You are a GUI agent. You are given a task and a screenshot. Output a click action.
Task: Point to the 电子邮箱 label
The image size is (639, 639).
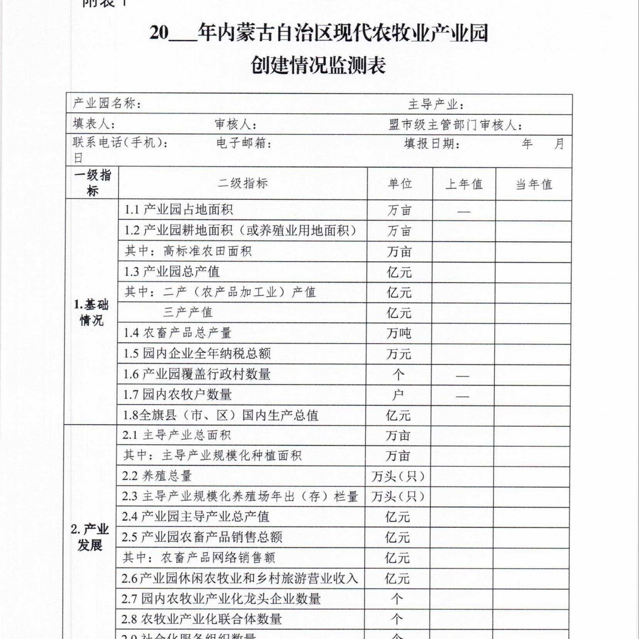pyautogui.click(x=243, y=144)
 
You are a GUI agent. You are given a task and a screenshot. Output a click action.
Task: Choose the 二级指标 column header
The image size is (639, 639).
pyautogui.click(x=243, y=183)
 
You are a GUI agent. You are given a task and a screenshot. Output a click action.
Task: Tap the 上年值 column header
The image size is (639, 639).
pyautogui.click(x=464, y=184)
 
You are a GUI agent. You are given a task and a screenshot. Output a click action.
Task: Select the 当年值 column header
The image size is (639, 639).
pyautogui.click(x=534, y=184)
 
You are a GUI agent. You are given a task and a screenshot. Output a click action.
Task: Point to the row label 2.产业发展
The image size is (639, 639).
pyautogui.click(x=90, y=537)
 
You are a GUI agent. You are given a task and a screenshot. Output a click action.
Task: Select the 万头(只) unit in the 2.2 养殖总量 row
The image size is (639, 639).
pyautogui.click(x=398, y=476)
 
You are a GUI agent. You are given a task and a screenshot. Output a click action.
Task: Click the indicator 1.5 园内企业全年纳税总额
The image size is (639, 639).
pyautogui.click(x=197, y=354)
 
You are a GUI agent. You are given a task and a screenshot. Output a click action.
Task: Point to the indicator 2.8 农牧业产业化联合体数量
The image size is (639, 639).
pyautogui.click(x=201, y=619)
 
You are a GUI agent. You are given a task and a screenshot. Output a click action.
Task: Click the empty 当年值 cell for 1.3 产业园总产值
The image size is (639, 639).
pyautogui.click(x=533, y=272)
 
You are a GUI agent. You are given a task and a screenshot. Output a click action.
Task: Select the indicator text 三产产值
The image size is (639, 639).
pyautogui.click(x=188, y=312)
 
